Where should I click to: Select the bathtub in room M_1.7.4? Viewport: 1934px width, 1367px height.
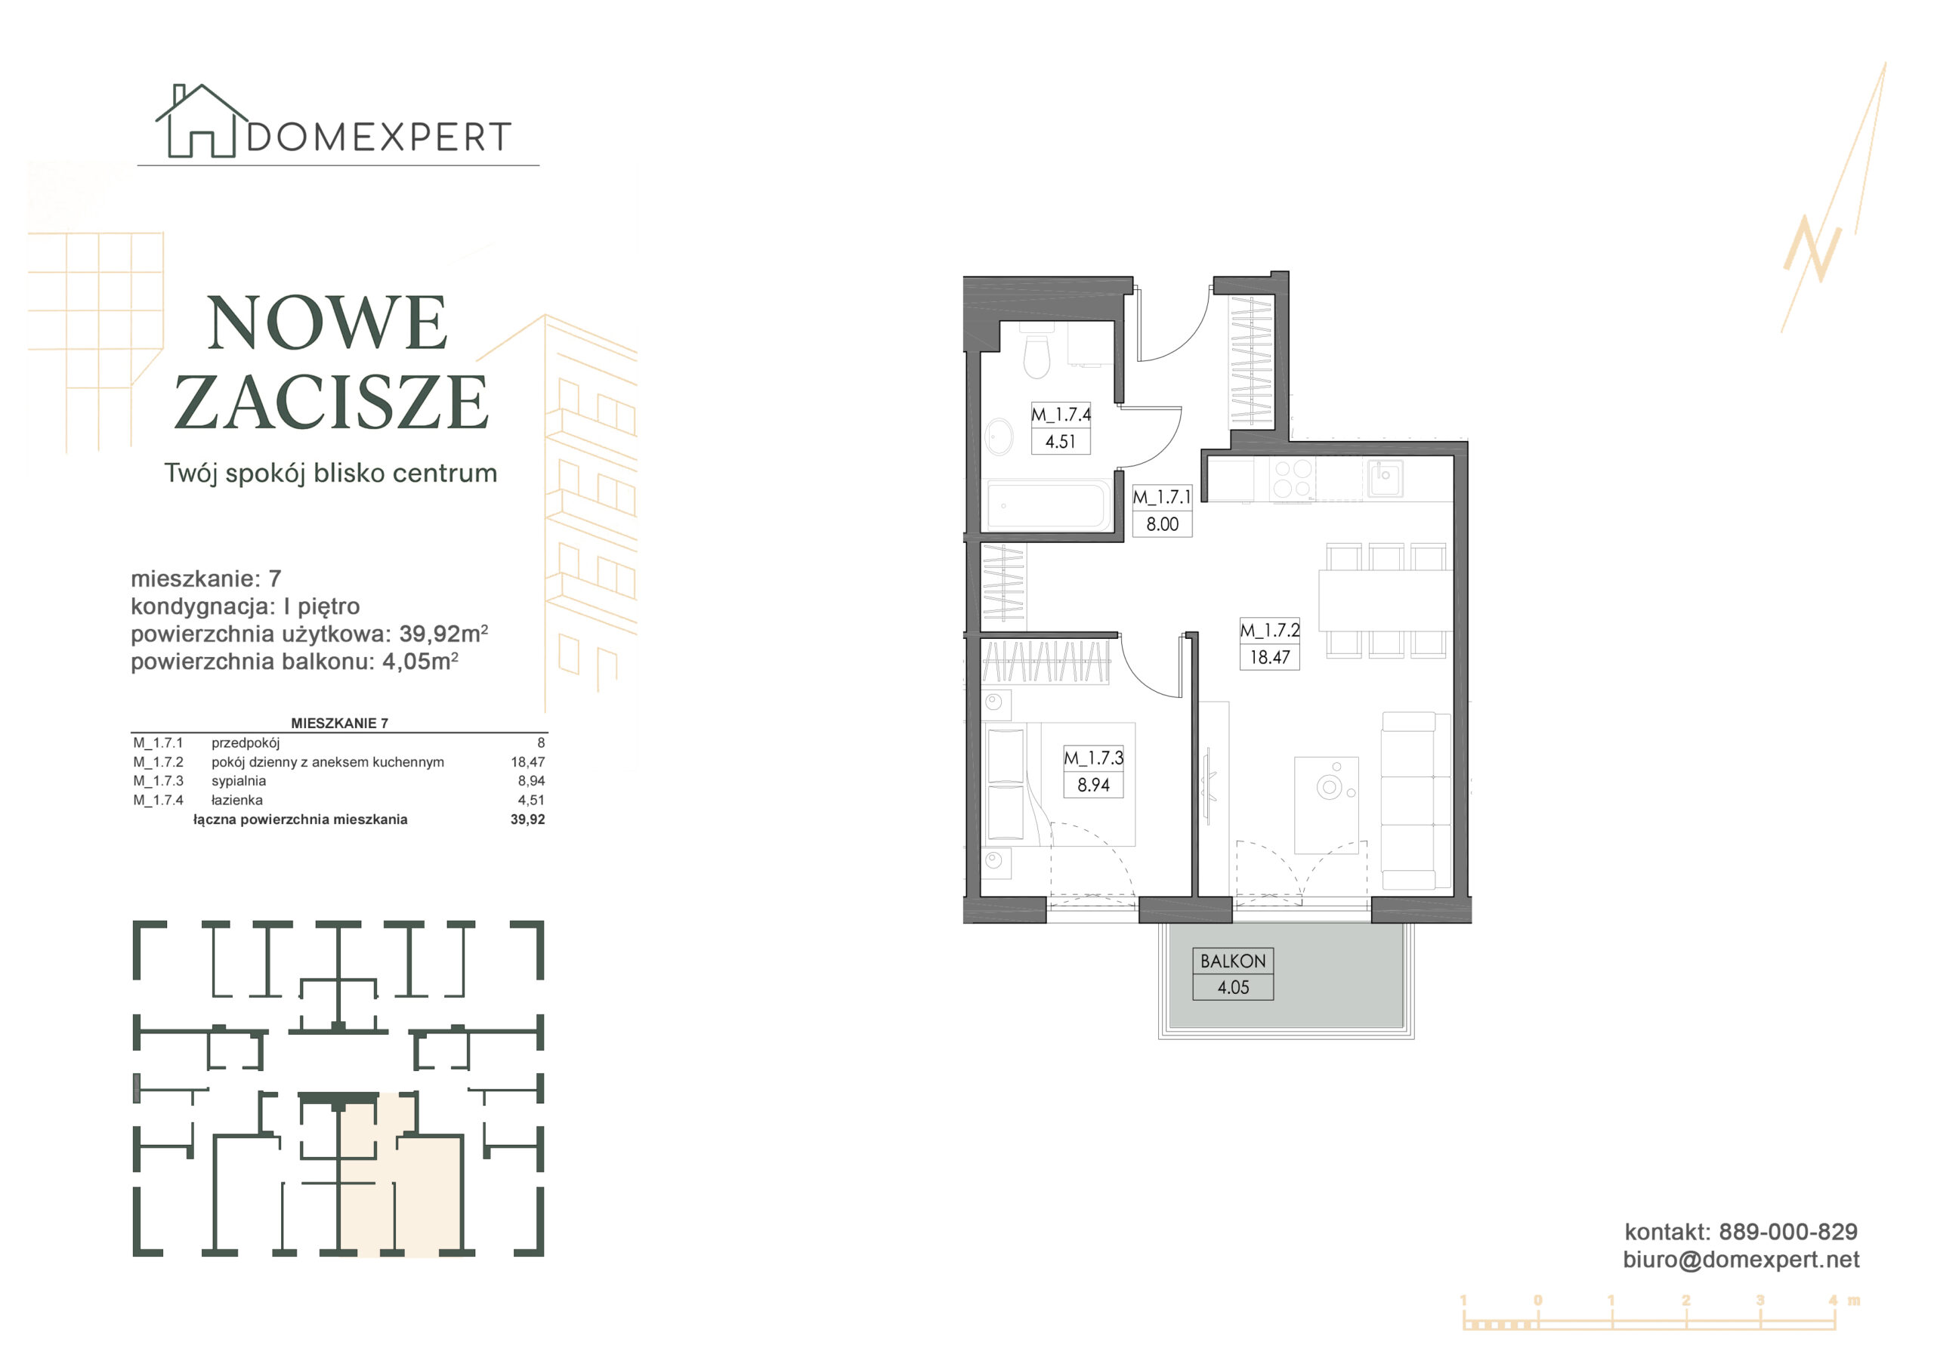(x=1047, y=505)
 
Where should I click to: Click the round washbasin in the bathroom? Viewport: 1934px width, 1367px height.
(x=999, y=437)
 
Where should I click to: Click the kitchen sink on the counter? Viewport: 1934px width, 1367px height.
(x=1384, y=478)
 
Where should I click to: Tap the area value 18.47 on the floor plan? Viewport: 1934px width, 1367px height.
(x=1269, y=657)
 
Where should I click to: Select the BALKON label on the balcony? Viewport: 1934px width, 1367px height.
(x=1232, y=961)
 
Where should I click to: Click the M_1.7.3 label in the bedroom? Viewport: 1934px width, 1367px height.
(x=1093, y=758)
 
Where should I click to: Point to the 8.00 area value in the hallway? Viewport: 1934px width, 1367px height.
(x=1162, y=524)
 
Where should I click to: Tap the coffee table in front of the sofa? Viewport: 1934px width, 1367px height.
(x=1327, y=805)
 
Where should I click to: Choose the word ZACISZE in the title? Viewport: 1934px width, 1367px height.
(x=331, y=402)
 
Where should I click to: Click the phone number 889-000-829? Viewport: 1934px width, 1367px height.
(x=1787, y=1231)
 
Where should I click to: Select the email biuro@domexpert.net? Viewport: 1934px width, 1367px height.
(x=1741, y=1259)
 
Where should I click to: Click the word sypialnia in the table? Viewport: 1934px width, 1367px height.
(x=239, y=781)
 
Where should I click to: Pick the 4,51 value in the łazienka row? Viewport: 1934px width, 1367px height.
(x=530, y=800)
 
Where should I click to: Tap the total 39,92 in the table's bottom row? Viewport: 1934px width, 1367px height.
(x=527, y=819)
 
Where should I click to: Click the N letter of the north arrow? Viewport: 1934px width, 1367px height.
(x=1812, y=249)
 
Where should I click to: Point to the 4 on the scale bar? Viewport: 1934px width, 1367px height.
(x=1833, y=1301)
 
